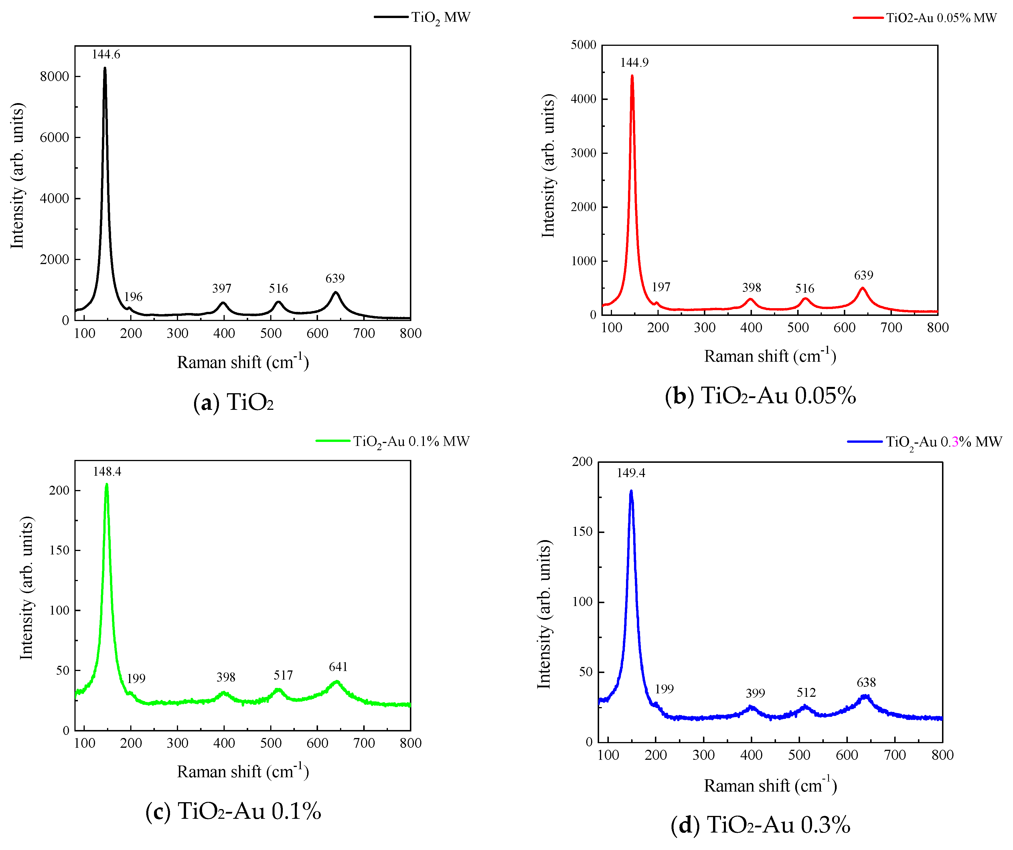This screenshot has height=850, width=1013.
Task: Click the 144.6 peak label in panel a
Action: click(x=106, y=54)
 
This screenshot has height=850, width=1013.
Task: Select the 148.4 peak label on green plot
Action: click(x=107, y=472)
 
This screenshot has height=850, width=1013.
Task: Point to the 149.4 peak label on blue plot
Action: click(x=631, y=473)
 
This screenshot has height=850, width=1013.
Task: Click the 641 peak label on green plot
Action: click(x=338, y=667)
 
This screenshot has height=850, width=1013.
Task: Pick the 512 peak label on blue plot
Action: click(x=806, y=693)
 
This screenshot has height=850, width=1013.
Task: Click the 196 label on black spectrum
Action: click(x=133, y=297)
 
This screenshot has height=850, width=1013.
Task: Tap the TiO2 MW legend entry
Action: click(x=422, y=17)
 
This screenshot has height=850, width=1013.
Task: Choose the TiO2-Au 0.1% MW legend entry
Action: click(x=393, y=441)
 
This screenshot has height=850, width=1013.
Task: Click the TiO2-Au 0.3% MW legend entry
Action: click(x=925, y=442)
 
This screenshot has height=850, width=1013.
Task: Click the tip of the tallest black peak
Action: click(x=105, y=68)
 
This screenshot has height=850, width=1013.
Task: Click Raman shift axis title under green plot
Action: click(x=243, y=771)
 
